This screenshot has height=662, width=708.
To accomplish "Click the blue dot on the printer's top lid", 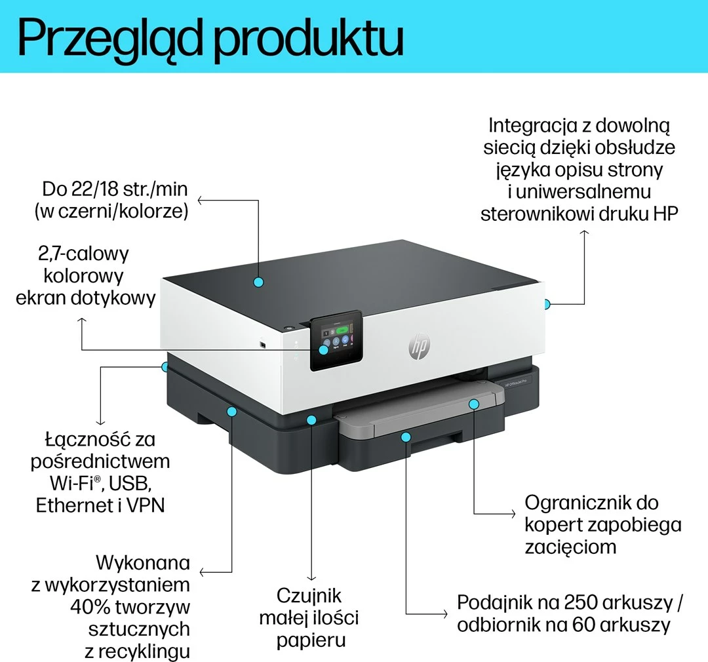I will coord(258,282).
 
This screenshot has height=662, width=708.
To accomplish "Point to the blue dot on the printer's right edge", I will coord(547,303).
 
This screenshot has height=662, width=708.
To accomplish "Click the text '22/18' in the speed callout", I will coord(96,190).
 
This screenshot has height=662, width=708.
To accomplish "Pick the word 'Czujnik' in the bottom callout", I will coord(309,595).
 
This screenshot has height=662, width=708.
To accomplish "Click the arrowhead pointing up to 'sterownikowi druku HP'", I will coord(583,233).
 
